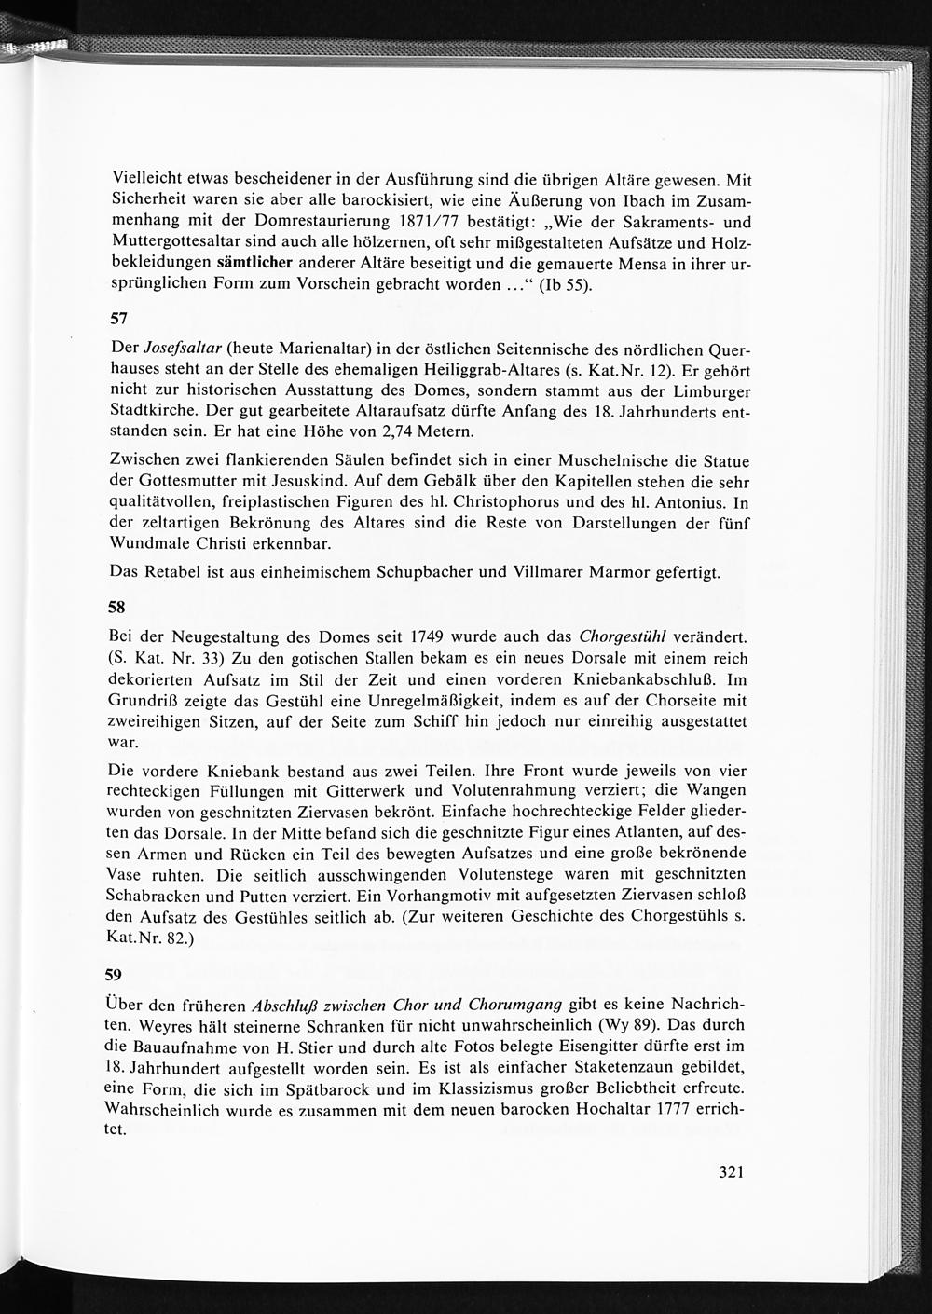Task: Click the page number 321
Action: tap(730, 1172)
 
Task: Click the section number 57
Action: tap(118, 320)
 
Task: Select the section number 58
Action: tap(118, 607)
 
